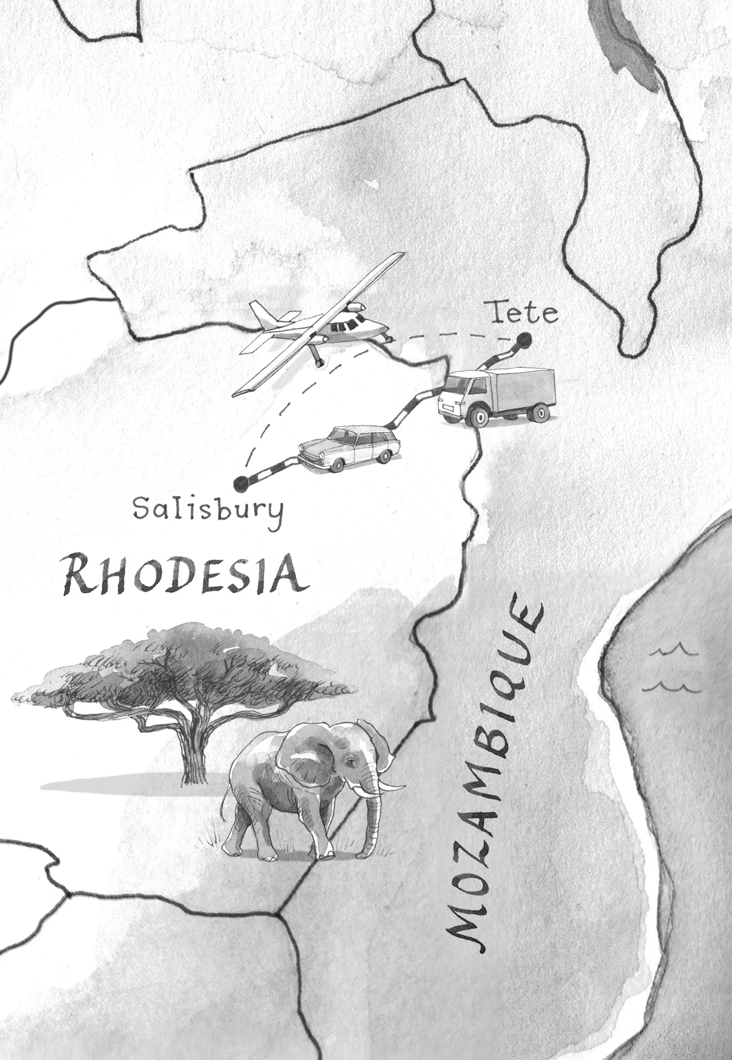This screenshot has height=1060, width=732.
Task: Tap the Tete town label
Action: (x=524, y=314)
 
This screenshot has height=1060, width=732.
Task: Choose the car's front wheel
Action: (x=337, y=465)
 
